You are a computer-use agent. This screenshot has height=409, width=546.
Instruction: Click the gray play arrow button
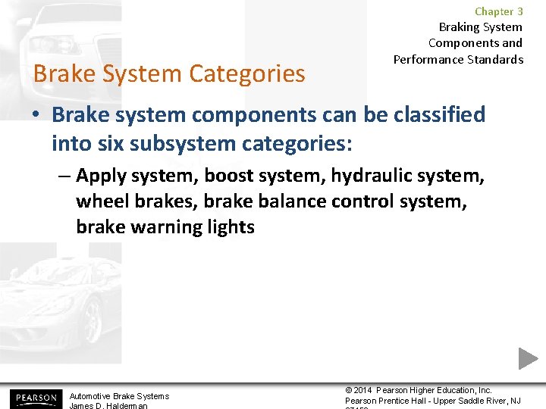point(528,357)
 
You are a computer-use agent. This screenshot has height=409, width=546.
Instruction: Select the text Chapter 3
point(498,11)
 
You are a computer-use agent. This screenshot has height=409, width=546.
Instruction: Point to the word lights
point(227,226)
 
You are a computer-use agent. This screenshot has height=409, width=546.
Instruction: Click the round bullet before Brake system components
point(37,116)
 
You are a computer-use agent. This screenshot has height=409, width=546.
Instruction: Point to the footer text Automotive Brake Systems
point(119,396)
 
